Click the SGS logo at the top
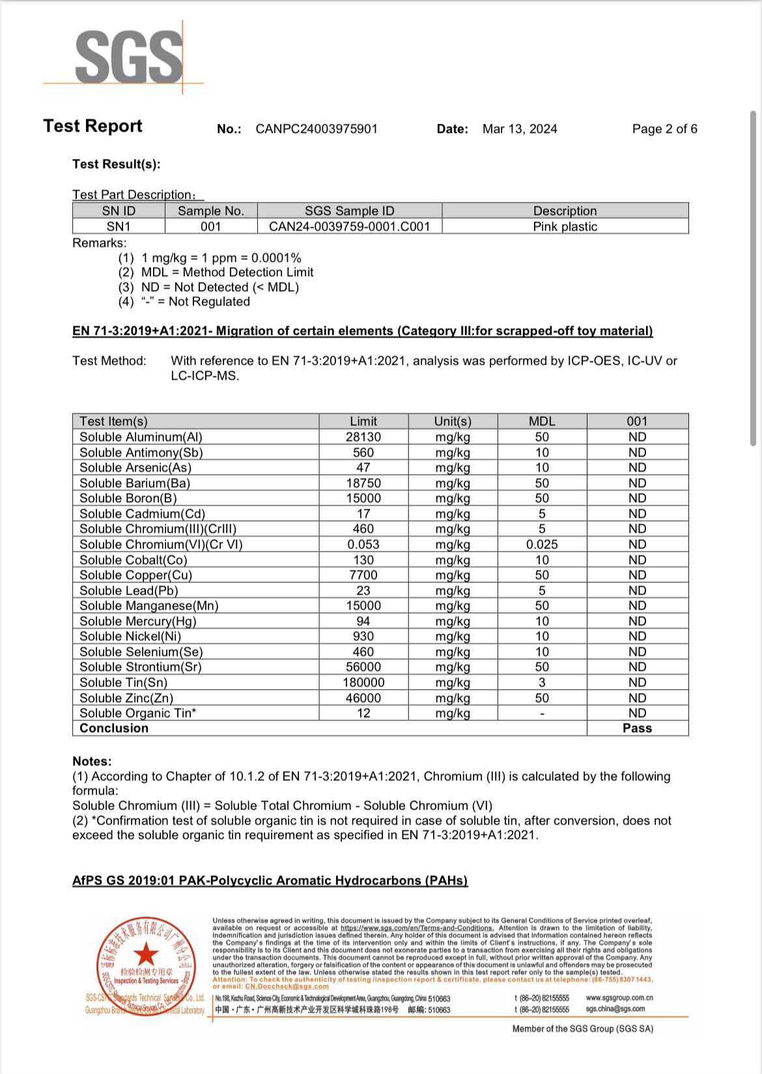point(129,57)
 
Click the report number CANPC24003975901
point(317,129)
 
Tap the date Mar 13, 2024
point(520,129)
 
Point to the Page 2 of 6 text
point(664,129)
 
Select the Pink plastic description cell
point(565,227)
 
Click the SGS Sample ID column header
point(349,211)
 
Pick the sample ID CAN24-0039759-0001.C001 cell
point(349,227)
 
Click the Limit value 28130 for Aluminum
point(363,437)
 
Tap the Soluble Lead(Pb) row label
point(129,591)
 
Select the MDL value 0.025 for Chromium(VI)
point(542,544)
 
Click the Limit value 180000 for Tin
point(363,683)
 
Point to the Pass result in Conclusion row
point(637,728)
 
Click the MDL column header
point(542,421)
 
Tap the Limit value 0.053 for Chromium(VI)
point(363,544)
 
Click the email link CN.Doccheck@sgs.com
point(287,986)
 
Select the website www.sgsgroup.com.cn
point(619,998)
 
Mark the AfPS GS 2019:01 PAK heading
point(270,881)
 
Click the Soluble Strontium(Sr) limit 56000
point(363,667)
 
